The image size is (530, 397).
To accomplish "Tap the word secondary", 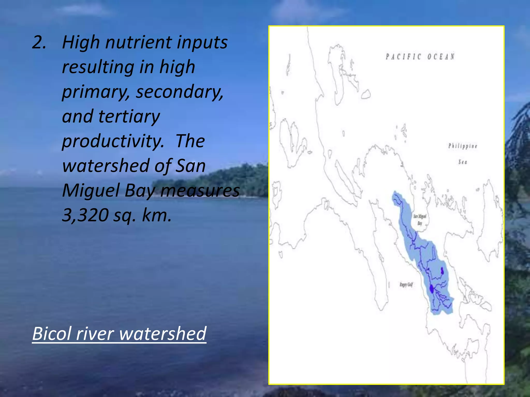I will [180, 92].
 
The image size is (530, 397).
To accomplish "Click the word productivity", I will [113, 142].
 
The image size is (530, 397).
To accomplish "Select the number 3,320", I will [85, 215].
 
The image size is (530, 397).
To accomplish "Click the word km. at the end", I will [157, 215].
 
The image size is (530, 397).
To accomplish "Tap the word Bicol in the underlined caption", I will [51, 334].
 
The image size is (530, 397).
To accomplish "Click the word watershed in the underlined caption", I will [163, 334].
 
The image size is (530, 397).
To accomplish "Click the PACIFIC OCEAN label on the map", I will [420, 57].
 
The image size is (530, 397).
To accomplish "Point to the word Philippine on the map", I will [463, 146].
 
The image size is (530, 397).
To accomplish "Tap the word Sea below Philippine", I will [463, 162].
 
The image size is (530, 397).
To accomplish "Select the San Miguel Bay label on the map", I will [420, 219].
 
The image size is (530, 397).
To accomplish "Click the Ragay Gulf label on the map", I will [406, 285].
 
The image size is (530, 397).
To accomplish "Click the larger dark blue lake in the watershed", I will [431, 289].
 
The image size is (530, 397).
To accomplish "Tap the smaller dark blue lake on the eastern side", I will [442, 271].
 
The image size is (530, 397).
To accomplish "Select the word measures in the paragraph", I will [200, 191].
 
